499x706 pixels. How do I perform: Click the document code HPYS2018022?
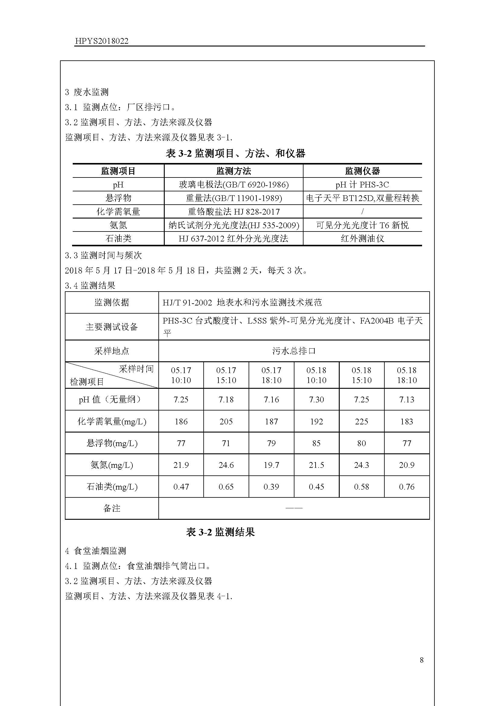click(x=101, y=41)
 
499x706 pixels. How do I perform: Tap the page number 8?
click(x=421, y=660)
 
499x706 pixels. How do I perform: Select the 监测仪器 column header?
click(x=362, y=171)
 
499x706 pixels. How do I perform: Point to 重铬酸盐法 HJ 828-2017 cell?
click(x=234, y=212)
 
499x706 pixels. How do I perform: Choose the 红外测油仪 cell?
click(x=362, y=239)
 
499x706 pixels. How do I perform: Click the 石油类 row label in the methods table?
click(x=118, y=239)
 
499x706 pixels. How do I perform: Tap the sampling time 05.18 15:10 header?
click(x=361, y=375)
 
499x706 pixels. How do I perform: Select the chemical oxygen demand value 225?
click(x=361, y=421)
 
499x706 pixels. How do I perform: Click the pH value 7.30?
click(x=316, y=399)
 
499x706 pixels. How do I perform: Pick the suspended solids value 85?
click(x=316, y=443)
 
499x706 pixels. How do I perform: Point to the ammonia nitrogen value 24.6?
click(x=226, y=465)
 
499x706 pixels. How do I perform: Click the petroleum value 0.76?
click(x=406, y=487)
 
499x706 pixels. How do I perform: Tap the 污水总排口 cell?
click(x=294, y=351)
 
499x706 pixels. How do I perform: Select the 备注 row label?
click(x=112, y=508)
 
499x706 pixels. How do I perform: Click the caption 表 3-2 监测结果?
click(x=220, y=532)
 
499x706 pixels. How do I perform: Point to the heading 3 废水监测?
click(x=87, y=92)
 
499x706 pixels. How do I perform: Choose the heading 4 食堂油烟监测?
click(x=96, y=551)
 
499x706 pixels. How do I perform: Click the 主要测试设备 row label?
click(x=112, y=327)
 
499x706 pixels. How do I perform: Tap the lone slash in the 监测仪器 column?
click(x=362, y=212)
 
